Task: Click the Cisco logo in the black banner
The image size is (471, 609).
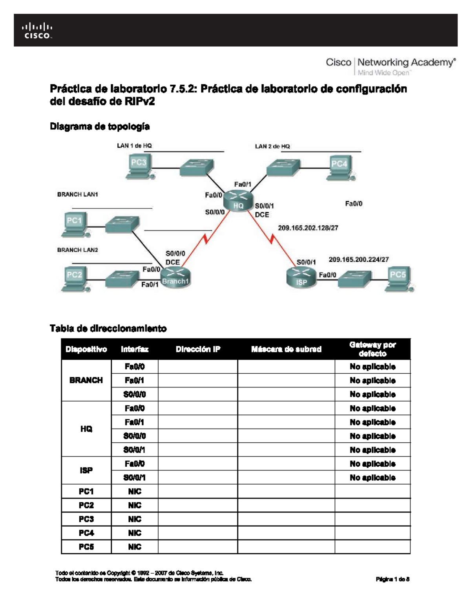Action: (37, 31)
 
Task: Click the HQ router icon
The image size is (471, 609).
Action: (238, 201)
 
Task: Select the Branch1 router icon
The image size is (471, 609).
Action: (175, 277)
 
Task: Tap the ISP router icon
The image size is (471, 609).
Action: (301, 278)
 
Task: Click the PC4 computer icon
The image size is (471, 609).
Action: (340, 168)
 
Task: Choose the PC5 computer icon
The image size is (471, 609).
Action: (399, 279)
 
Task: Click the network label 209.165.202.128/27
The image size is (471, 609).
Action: (308, 228)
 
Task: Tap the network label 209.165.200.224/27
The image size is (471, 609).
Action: (358, 259)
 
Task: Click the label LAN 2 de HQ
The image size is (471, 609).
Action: (272, 146)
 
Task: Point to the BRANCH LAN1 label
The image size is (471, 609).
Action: (77, 194)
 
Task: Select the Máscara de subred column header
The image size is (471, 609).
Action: (286, 349)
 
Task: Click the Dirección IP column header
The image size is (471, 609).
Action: (198, 349)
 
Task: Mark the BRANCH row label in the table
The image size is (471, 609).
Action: (86, 380)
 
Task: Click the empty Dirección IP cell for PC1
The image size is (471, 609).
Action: (198, 491)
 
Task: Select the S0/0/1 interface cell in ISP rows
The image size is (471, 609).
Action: (134, 478)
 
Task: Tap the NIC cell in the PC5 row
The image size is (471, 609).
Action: (134, 547)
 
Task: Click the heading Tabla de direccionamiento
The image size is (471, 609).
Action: (108, 328)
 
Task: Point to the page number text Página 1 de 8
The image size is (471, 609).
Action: (392, 579)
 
